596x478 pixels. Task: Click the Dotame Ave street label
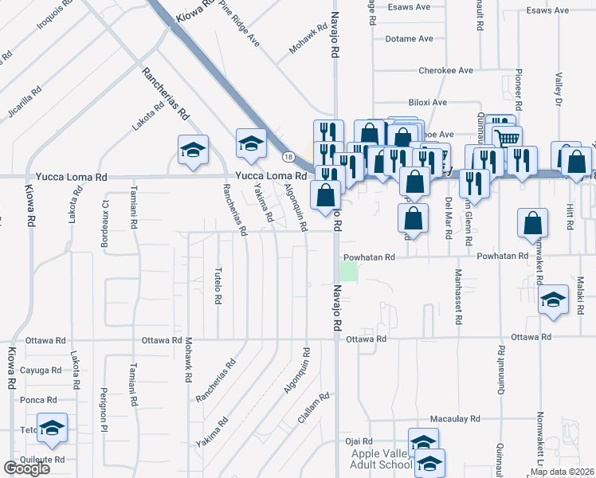click(x=409, y=38)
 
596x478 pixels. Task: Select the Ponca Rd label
click(x=39, y=400)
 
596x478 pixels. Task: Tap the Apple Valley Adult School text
click(x=377, y=460)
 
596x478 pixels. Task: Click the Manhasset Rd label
click(x=458, y=296)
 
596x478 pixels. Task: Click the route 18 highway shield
click(x=286, y=158)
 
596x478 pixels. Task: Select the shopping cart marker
click(x=507, y=139)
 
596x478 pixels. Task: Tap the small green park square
click(x=348, y=272)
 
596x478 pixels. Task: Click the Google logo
click(x=26, y=469)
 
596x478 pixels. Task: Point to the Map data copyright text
click(x=562, y=472)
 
